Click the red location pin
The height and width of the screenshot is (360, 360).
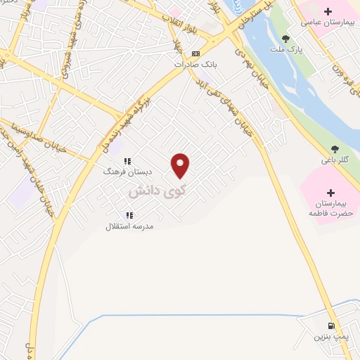coord(181,165)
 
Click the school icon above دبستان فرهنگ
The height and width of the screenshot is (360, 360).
coord(128,161)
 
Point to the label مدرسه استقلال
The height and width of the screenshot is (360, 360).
coord(129,226)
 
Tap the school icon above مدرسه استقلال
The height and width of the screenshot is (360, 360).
coord(129,215)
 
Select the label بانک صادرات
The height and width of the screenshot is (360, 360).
coord(195,63)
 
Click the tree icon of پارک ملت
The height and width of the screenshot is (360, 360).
coord(285,39)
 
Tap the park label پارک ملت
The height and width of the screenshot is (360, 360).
coord(285,49)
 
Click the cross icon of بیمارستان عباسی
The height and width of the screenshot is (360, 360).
coord(328,12)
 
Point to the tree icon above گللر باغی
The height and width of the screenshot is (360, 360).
coord(335,149)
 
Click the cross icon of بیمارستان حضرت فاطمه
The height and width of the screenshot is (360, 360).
coord(331,192)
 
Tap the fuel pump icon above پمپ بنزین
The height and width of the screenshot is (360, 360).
coord(331,326)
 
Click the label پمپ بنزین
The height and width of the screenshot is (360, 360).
coord(330,337)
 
